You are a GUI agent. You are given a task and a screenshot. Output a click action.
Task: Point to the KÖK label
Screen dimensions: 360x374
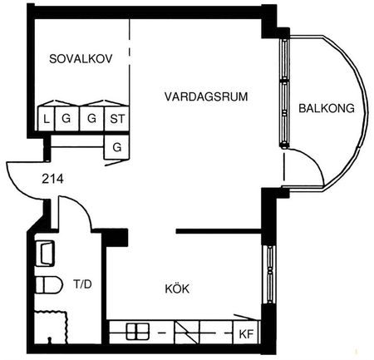(x=177, y=289)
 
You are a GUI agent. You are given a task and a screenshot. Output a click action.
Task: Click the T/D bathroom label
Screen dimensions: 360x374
(x=81, y=284)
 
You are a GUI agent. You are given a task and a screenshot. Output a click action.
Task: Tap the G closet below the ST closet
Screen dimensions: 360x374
(x=116, y=147)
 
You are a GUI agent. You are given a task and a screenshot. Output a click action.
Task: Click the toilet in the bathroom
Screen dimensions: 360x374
(x=49, y=285)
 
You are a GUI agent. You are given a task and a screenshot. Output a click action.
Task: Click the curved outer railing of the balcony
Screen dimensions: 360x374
(x=360, y=108)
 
